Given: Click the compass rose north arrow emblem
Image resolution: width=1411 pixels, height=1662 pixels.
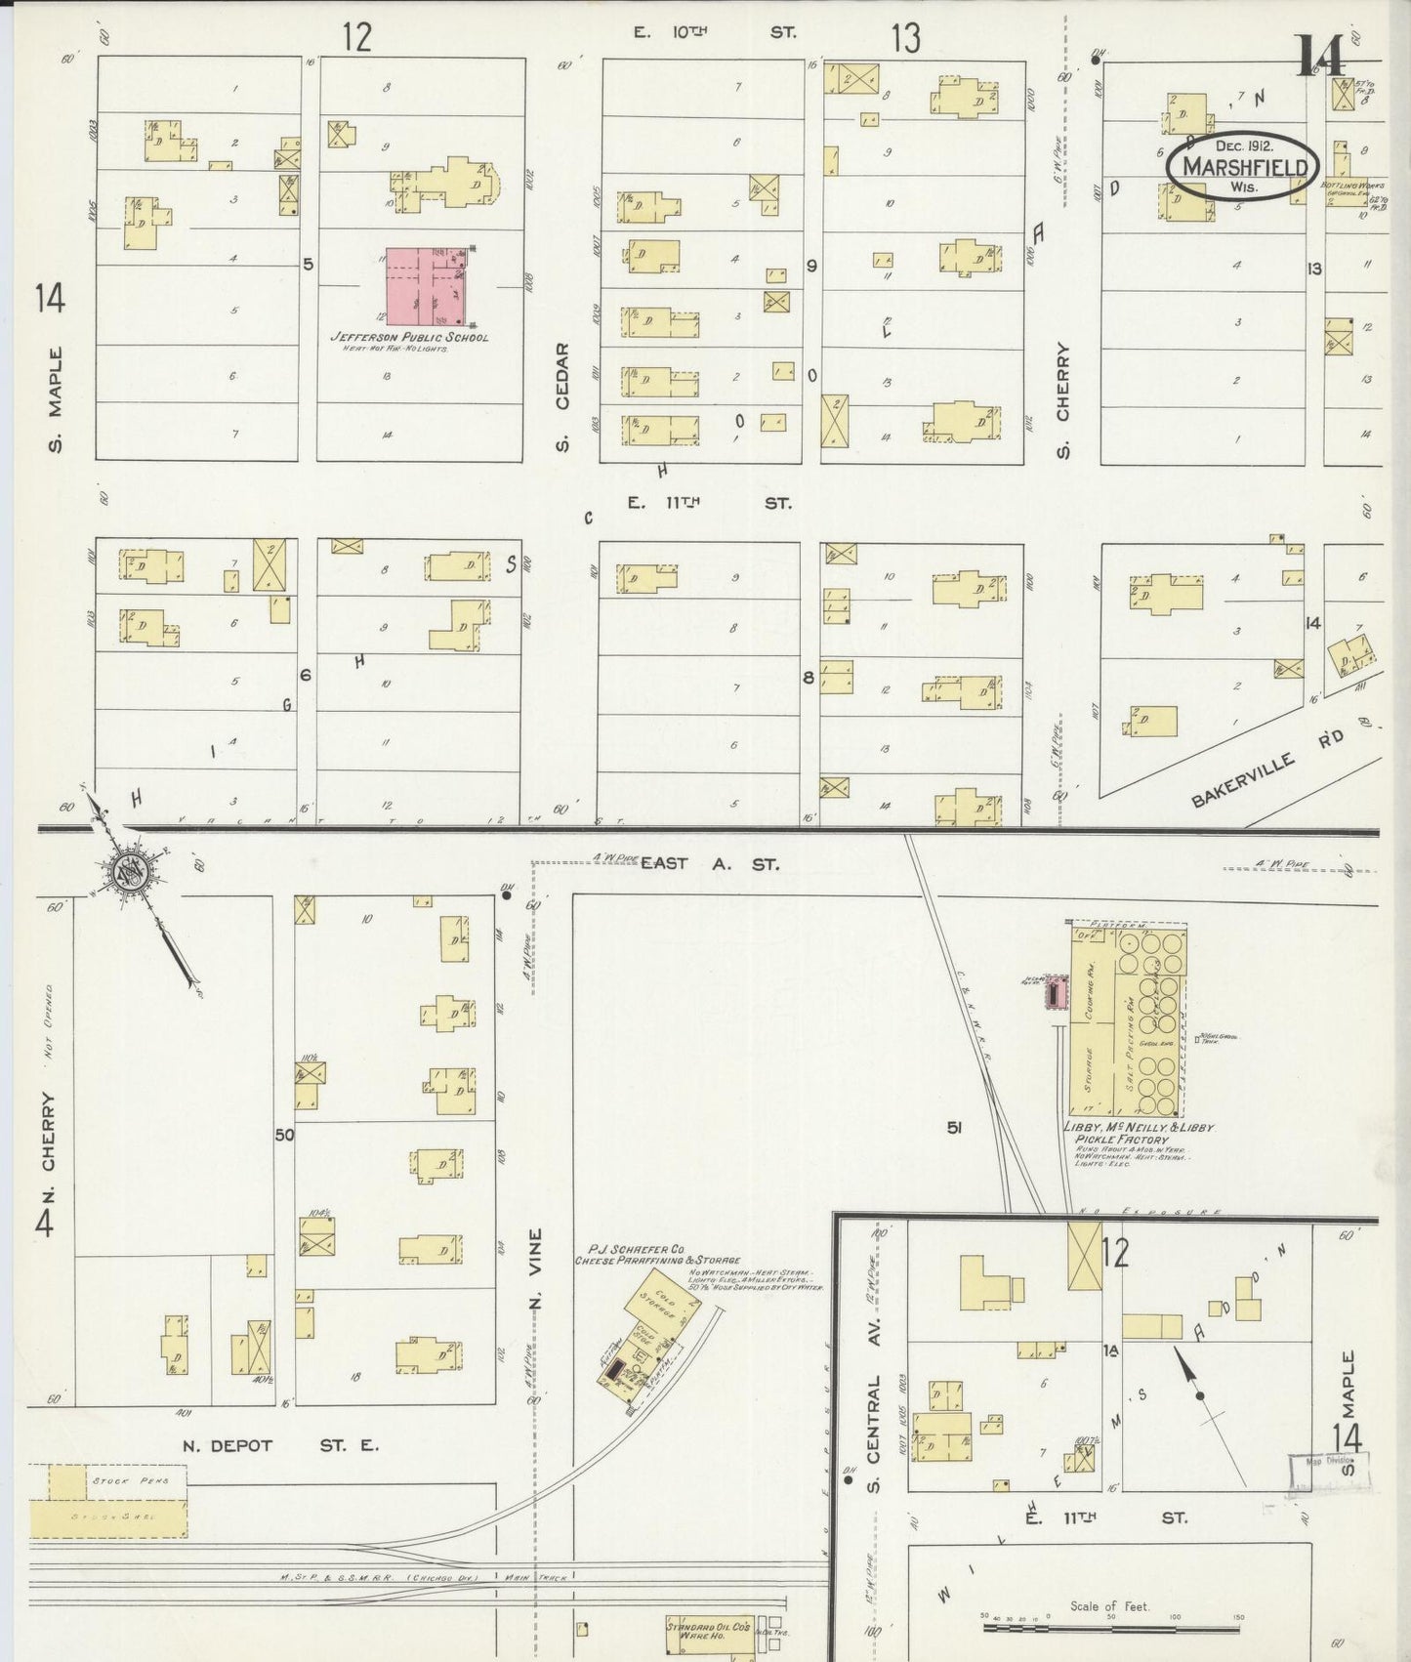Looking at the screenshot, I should point(130,871).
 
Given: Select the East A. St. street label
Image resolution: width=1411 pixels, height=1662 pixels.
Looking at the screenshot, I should point(710,863).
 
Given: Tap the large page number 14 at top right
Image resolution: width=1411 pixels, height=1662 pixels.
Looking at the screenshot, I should point(1320,56).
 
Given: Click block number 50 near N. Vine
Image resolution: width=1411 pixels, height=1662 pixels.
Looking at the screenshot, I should point(284,1135).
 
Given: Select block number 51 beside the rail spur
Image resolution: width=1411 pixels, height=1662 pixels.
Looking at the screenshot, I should point(955,1128).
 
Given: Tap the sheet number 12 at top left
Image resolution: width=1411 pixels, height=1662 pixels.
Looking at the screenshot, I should point(357,37).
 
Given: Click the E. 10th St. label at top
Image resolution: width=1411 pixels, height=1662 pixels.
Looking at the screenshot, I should point(714,32).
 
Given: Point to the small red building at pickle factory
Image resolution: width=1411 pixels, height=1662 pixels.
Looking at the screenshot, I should point(1054,994).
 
